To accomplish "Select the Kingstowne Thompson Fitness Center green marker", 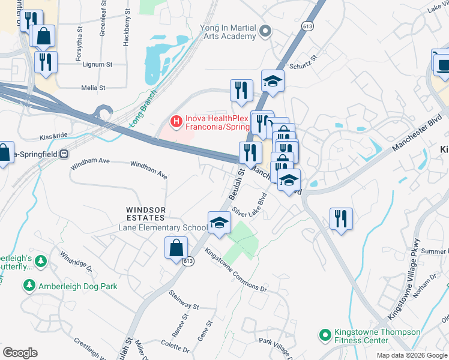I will click(x=325, y=335).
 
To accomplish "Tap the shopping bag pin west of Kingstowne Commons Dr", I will click(x=176, y=248).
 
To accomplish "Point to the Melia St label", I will click(x=93, y=88).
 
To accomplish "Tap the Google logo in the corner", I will click(x=20, y=353).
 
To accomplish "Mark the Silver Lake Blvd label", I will click(x=250, y=205).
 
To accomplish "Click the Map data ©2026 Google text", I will click(x=411, y=355).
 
